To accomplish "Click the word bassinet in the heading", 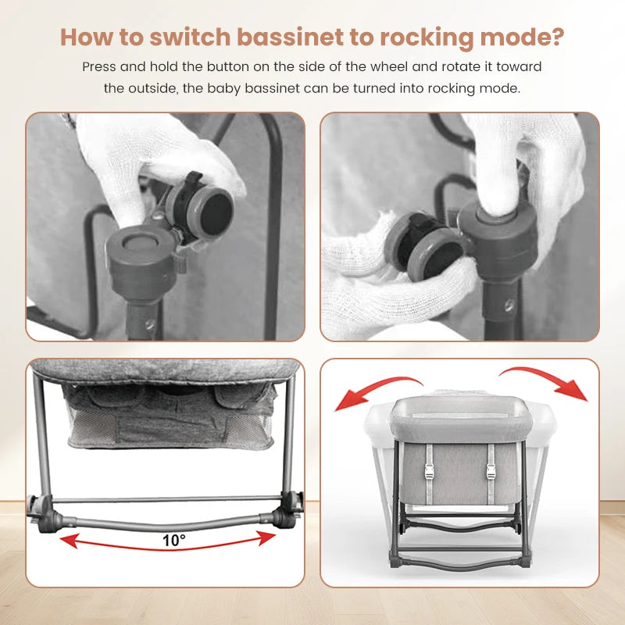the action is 290,37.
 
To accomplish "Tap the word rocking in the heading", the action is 427,37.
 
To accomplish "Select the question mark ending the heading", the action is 557,37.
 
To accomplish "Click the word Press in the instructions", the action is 98,66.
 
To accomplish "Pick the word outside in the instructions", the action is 152,88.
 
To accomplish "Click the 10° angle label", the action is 173,541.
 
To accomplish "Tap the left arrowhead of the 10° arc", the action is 68,541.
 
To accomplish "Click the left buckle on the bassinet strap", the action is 429,473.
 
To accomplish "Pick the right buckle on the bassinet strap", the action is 491,473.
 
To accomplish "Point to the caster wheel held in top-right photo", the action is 424,245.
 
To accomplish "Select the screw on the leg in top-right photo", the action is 509,305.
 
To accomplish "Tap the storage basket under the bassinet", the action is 170,416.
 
